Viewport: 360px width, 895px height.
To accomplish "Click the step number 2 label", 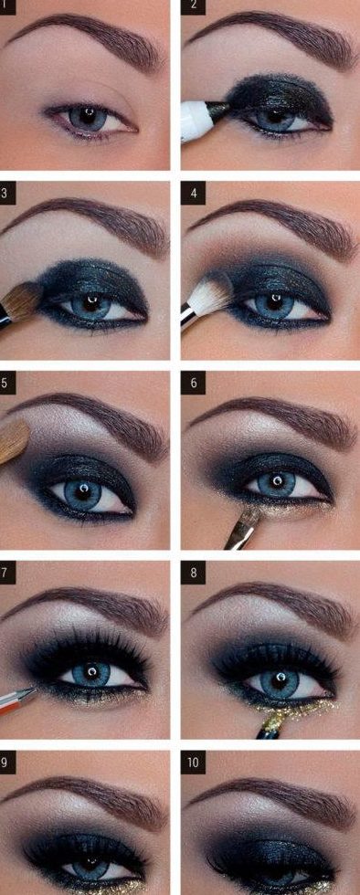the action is (x=193, y=6).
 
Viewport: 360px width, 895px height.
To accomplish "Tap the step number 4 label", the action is (x=193, y=194).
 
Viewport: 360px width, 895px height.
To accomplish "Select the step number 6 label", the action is (x=193, y=383).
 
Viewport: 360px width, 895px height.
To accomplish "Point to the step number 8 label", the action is (x=193, y=573).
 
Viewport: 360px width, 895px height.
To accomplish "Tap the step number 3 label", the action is (x=5, y=194).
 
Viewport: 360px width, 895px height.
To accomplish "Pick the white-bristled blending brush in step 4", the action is (x=206, y=299).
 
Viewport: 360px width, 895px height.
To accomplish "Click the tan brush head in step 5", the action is (x=14, y=441).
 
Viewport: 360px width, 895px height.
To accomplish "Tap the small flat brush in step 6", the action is (x=243, y=528).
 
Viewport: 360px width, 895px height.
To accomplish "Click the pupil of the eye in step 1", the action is (x=88, y=116).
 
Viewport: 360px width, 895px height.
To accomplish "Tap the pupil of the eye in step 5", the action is (x=82, y=490).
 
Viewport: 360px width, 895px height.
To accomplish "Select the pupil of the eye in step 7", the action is (x=90, y=671).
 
